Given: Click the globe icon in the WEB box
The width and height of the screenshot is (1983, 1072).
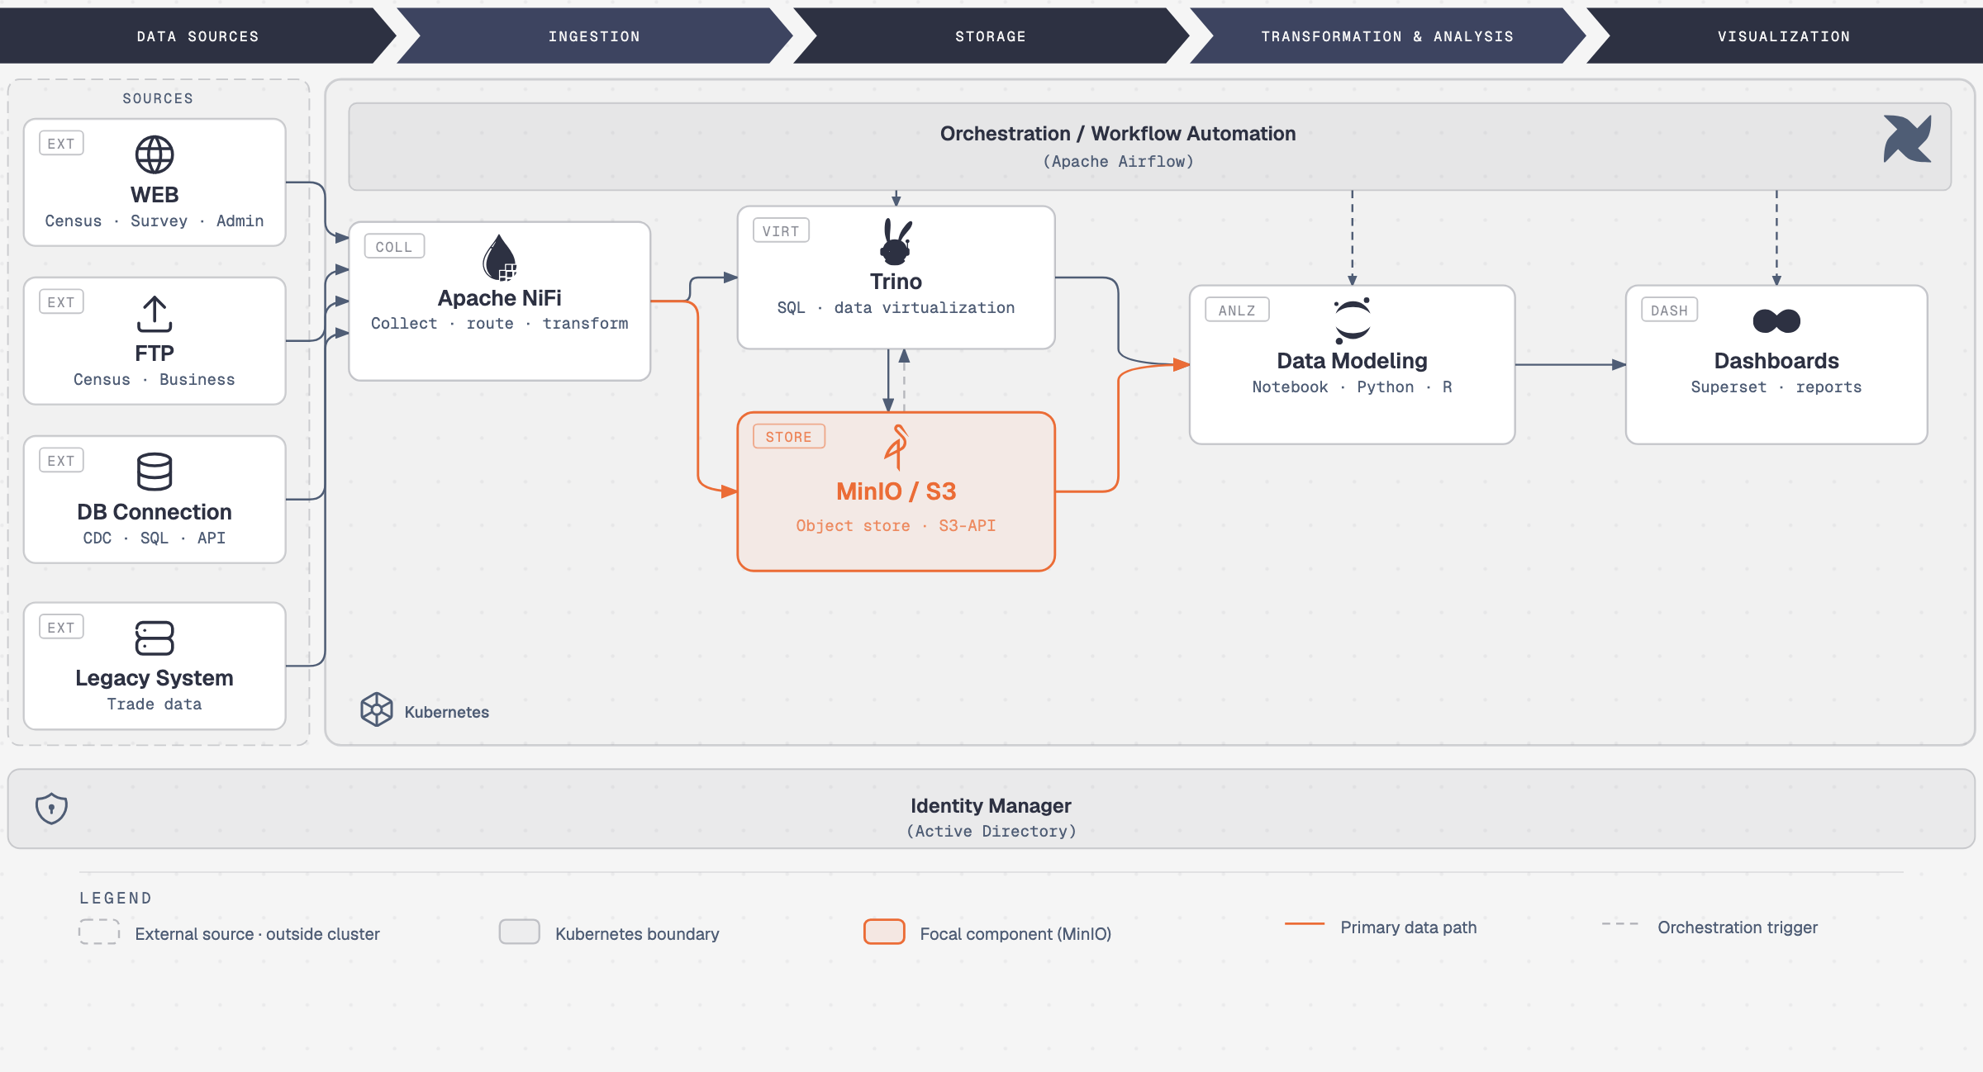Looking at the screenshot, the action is pyautogui.click(x=155, y=154).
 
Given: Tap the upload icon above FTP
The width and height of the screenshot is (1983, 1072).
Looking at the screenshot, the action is pyautogui.click(x=155, y=314).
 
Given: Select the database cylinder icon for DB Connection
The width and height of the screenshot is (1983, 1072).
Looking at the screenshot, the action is pyautogui.click(x=155, y=472).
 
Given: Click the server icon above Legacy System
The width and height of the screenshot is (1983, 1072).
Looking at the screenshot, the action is pyautogui.click(x=155, y=638).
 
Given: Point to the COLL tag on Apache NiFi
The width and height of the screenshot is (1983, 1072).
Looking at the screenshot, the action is pyautogui.click(x=394, y=247).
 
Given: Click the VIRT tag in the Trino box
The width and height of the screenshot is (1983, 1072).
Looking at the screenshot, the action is pyautogui.click(x=781, y=231).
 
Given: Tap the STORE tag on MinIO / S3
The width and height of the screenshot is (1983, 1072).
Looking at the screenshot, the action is pyautogui.click(x=789, y=437).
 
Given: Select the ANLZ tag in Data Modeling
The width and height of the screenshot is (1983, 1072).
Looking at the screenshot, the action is pyautogui.click(x=1237, y=311).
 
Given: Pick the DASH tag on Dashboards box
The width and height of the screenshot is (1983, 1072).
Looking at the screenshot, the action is pyautogui.click(x=1669, y=311).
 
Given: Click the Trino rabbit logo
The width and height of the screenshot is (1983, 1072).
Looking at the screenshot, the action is pyautogui.click(x=896, y=242).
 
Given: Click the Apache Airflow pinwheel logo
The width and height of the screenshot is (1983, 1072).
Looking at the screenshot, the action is pyautogui.click(x=1908, y=139).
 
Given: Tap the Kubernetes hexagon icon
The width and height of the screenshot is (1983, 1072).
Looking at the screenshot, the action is pyautogui.click(x=377, y=709).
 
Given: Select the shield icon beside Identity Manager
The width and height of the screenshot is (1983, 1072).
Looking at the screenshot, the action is pyautogui.click(x=51, y=808).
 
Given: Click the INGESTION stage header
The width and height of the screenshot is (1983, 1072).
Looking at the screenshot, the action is pyautogui.click(x=594, y=36).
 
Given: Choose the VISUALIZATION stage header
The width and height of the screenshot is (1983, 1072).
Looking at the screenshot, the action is pyautogui.click(x=1784, y=36).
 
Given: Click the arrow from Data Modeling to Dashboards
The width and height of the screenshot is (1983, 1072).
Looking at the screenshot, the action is pyautogui.click(x=1571, y=364).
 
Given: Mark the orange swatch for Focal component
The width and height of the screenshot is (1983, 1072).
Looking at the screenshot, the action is pyautogui.click(x=884, y=932).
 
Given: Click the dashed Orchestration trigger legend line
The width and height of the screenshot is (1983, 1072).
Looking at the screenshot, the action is pyautogui.click(x=1619, y=923).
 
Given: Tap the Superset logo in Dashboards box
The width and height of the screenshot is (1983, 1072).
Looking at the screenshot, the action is pyautogui.click(x=1776, y=320).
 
